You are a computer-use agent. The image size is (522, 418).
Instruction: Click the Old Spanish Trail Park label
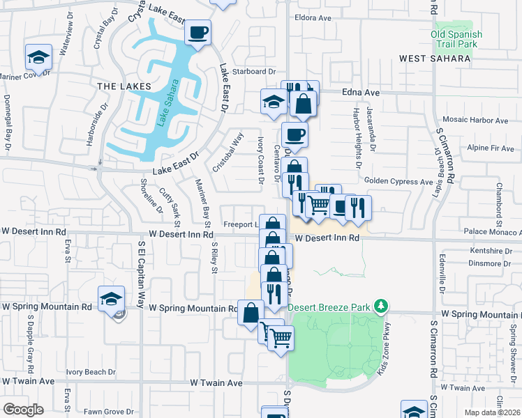pos(456,38)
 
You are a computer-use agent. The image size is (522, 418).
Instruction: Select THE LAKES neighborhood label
pos(124,86)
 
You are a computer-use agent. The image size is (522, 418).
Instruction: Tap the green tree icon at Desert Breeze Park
pos(380,306)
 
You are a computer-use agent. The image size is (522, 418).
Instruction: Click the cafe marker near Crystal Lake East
pos(198,32)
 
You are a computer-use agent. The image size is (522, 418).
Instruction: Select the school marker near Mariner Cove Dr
pos(39,56)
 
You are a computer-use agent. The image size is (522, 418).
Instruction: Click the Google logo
pos(23,409)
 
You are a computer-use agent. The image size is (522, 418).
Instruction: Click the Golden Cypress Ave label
pos(398,181)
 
